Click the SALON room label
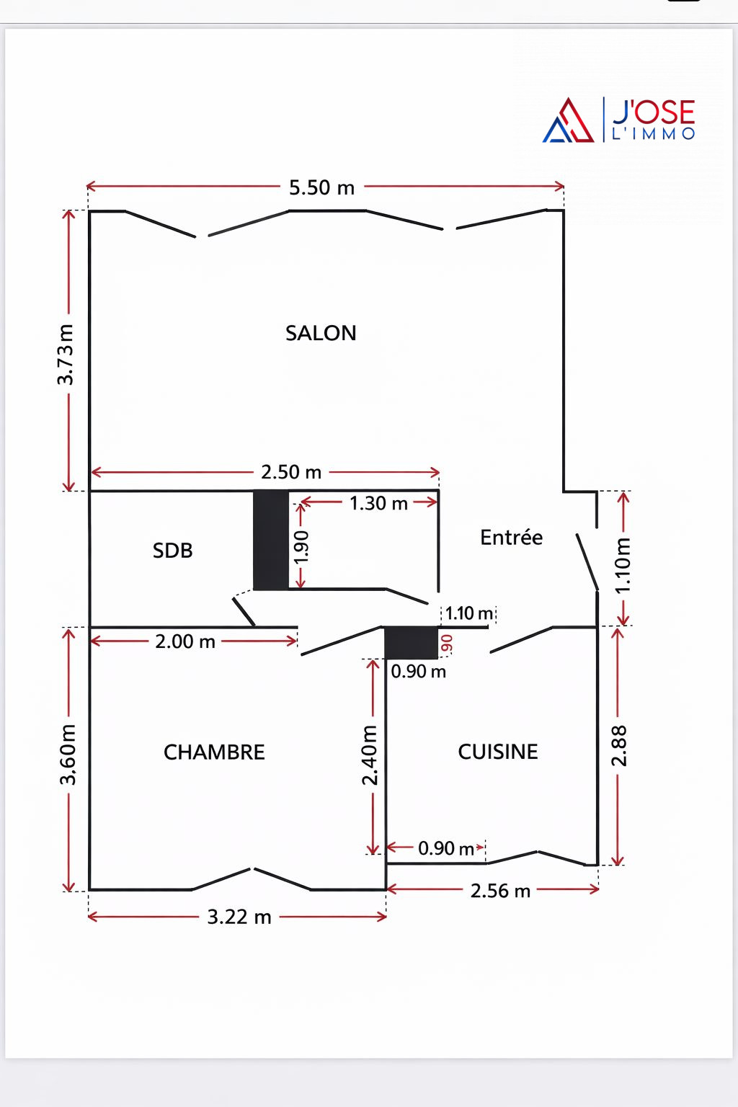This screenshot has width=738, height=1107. tap(321, 333)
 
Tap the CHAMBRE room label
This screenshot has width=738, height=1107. tap(214, 752)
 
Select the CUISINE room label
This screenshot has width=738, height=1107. tap(498, 752)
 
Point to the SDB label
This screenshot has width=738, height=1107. tap(172, 551)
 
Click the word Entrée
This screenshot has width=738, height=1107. tap(511, 537)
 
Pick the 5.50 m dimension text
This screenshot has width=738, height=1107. tap(321, 188)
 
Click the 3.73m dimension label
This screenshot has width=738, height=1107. tap(66, 355)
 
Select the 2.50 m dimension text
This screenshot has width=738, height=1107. tap(291, 472)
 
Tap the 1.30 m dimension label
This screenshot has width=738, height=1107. tap(378, 504)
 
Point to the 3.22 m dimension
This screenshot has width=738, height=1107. tap(239, 917)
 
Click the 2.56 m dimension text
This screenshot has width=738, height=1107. tap(500, 891)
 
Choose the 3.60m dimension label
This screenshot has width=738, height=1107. tap(68, 754)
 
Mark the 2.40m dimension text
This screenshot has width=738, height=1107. tap(369, 755)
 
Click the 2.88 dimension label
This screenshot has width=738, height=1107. tap(619, 746)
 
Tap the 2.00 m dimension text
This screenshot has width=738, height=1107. tap(185, 642)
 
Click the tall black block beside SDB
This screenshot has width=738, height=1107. tap(271, 540)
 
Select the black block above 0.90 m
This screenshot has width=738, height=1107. tap(412, 642)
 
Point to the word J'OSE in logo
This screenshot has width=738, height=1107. tap(654, 112)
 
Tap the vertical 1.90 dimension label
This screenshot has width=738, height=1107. tap(301, 546)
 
